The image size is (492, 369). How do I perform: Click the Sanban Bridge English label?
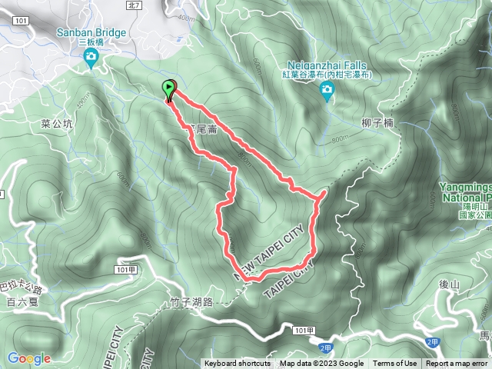[x=91, y=32]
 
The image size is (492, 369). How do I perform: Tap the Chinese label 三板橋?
[x=91, y=43]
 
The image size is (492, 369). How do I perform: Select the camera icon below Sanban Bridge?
[x=91, y=58]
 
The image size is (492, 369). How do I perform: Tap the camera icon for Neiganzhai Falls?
[x=327, y=91]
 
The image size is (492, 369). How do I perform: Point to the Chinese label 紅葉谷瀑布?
[x=327, y=75]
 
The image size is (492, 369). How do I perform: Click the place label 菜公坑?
[x=57, y=123]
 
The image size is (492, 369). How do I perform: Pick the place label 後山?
[x=450, y=285]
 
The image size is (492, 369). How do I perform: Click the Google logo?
[x=28, y=358]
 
